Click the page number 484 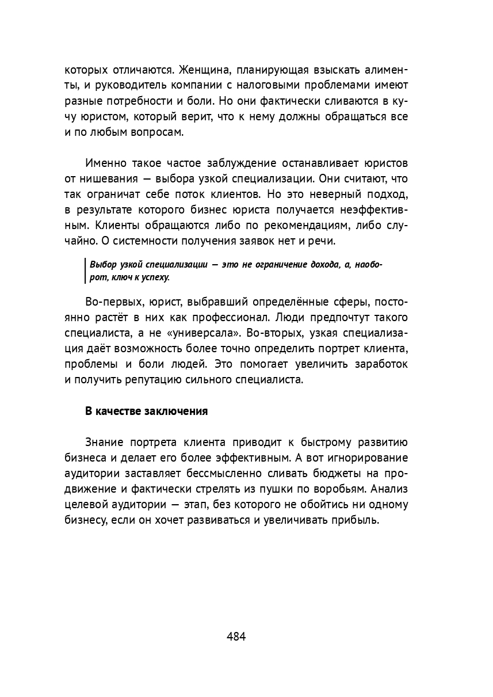(236, 637)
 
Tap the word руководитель (133, 86)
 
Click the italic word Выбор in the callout (103, 265)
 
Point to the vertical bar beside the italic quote (85, 271)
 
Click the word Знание (105, 443)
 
